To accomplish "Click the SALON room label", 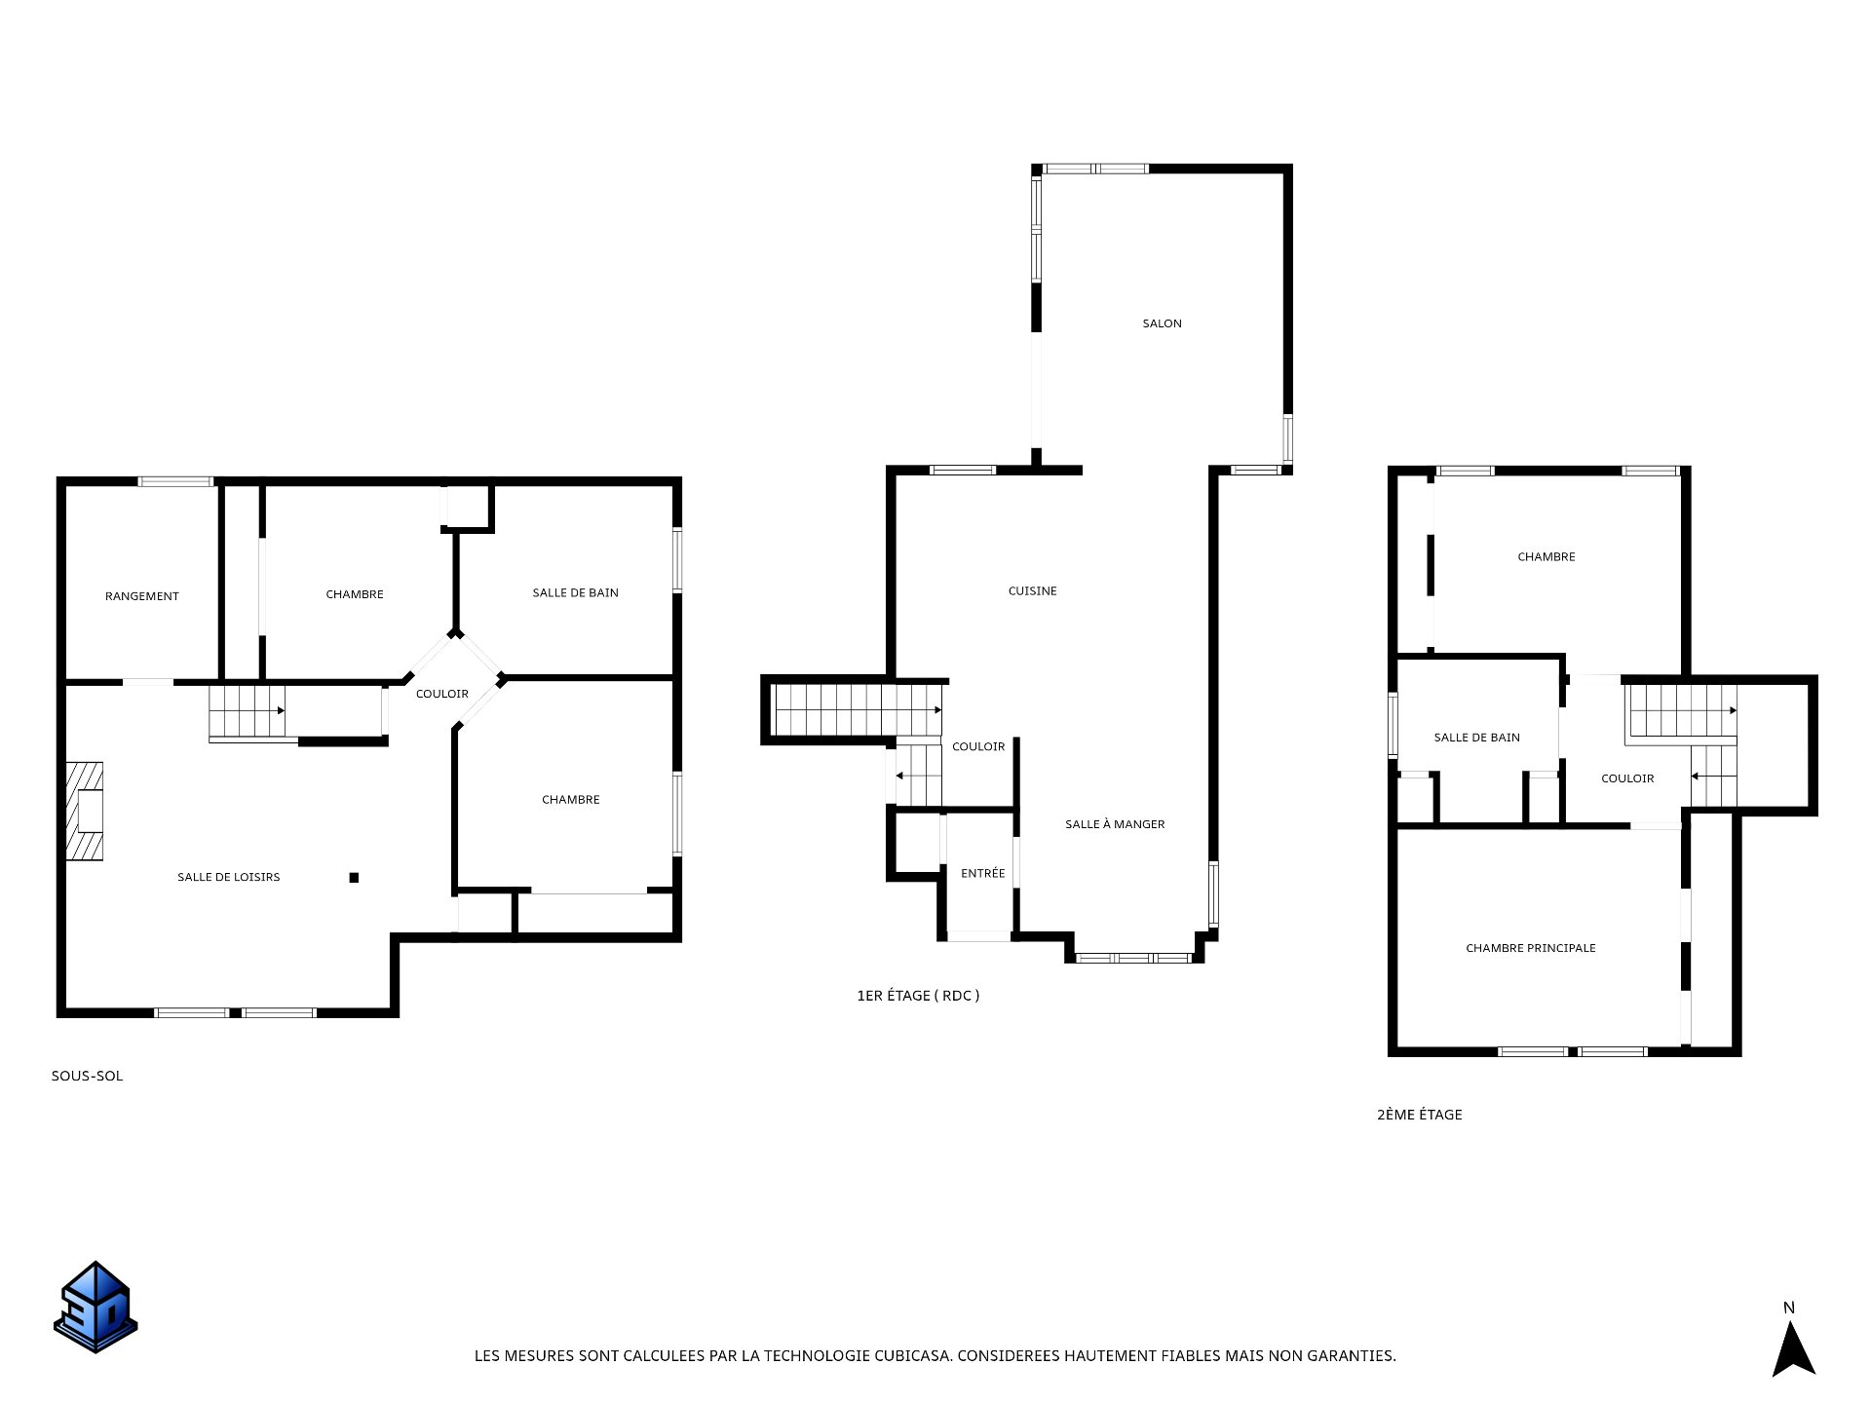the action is [1162, 323].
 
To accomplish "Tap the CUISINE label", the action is [1032, 591].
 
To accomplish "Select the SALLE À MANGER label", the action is [1115, 824].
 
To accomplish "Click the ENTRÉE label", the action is [982, 874].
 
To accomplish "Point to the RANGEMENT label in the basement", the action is [142, 596].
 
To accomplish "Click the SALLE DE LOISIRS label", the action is [228, 877].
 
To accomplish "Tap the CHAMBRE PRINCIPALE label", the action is [1531, 948].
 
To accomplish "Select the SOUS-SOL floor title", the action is [87, 1077].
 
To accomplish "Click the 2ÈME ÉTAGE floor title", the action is [1419, 1115].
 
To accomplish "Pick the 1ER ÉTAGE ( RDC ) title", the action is [918, 996].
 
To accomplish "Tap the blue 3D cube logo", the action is [95, 1307].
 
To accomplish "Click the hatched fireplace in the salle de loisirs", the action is [84, 812].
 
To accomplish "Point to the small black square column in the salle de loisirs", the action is [354, 878].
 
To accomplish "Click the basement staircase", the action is [248, 711].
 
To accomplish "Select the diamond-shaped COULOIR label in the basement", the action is [442, 694].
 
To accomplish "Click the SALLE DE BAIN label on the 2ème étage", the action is [1476, 738].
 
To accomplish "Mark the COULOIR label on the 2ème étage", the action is [1627, 778].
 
